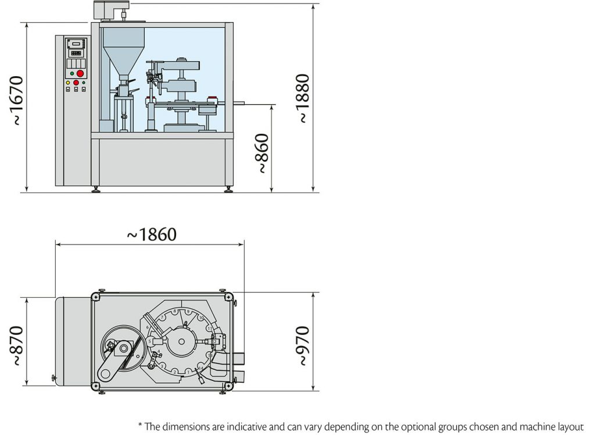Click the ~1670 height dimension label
pos(17,101)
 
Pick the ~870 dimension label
pos(17,345)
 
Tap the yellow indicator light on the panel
pos(68,83)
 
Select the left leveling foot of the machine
pos(96,190)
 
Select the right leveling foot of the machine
pos(228,190)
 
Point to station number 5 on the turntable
pos(150,341)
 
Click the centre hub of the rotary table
pos(182,341)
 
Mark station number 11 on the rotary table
pos(209,329)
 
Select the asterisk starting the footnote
pos(140,425)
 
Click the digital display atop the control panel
pos(76,44)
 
